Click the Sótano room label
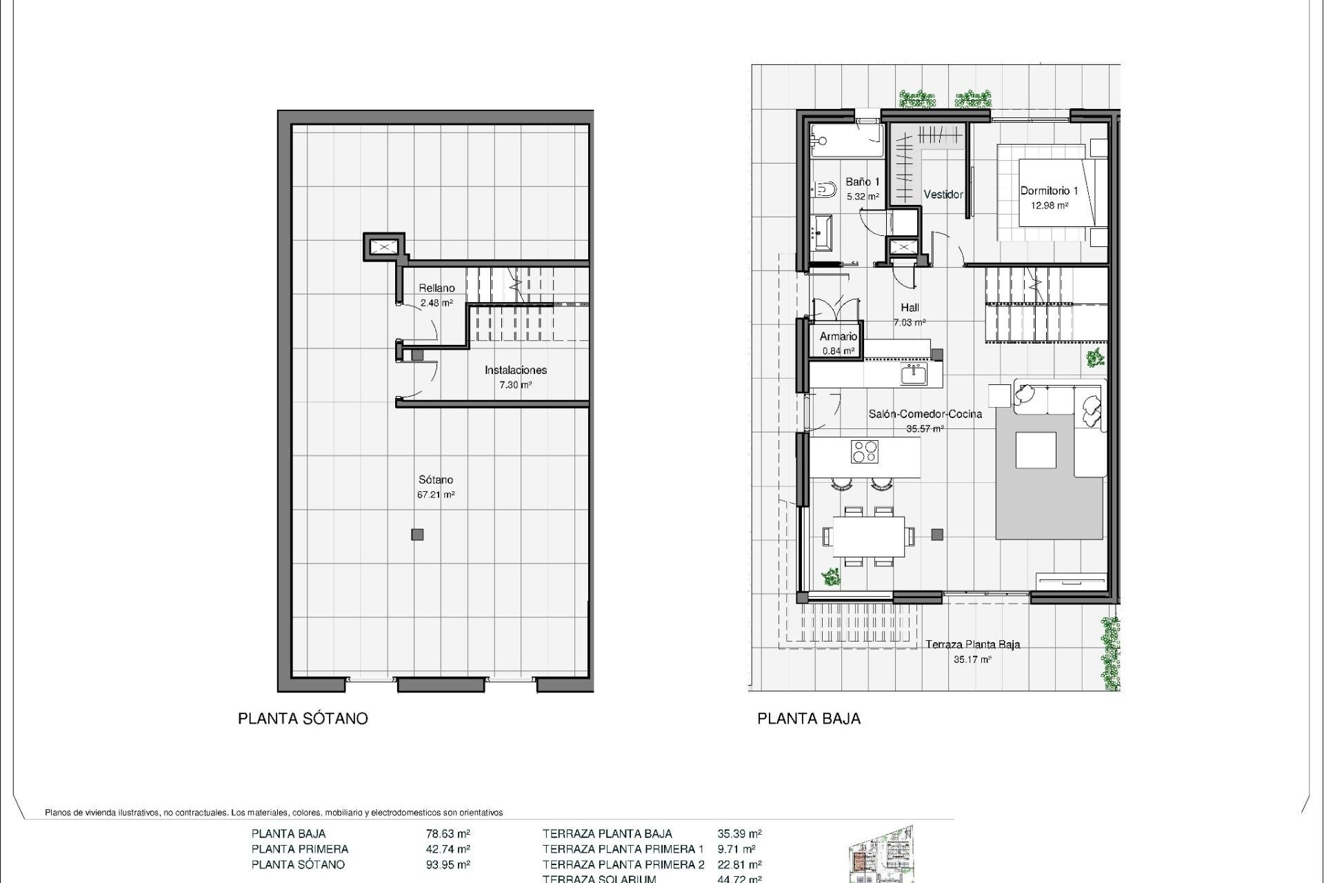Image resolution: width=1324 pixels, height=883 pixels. pyautogui.click(x=436, y=480)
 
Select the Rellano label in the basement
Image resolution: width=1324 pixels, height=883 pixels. pyautogui.click(x=437, y=288)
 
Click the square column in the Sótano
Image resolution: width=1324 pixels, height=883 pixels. pyautogui.click(x=417, y=534)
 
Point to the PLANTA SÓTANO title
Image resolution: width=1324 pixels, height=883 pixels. pyautogui.click(x=303, y=719)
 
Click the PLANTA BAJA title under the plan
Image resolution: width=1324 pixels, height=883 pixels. pyautogui.click(x=809, y=719)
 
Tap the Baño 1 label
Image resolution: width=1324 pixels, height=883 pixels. pyautogui.click(x=863, y=183)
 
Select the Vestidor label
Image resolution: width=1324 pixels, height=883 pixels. pyautogui.click(x=943, y=195)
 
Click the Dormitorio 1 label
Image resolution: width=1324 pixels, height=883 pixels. pyautogui.click(x=1049, y=191)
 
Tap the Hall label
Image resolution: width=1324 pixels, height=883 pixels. pyautogui.click(x=910, y=308)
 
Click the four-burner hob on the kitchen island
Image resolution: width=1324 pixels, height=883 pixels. pyautogui.click(x=865, y=452)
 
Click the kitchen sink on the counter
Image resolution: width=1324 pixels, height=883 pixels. pyautogui.click(x=914, y=375)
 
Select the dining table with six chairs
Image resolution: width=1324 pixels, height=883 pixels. pyautogui.click(x=868, y=536)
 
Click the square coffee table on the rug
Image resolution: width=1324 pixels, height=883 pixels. pyautogui.click(x=1036, y=450)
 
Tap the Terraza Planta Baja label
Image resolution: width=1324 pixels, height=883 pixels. pyautogui.click(x=972, y=645)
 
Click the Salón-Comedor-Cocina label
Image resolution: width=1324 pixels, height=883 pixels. pyautogui.click(x=925, y=415)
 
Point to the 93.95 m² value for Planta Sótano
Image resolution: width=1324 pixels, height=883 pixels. pyautogui.click(x=448, y=864)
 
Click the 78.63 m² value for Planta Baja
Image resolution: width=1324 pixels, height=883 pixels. pyautogui.click(x=448, y=834)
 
